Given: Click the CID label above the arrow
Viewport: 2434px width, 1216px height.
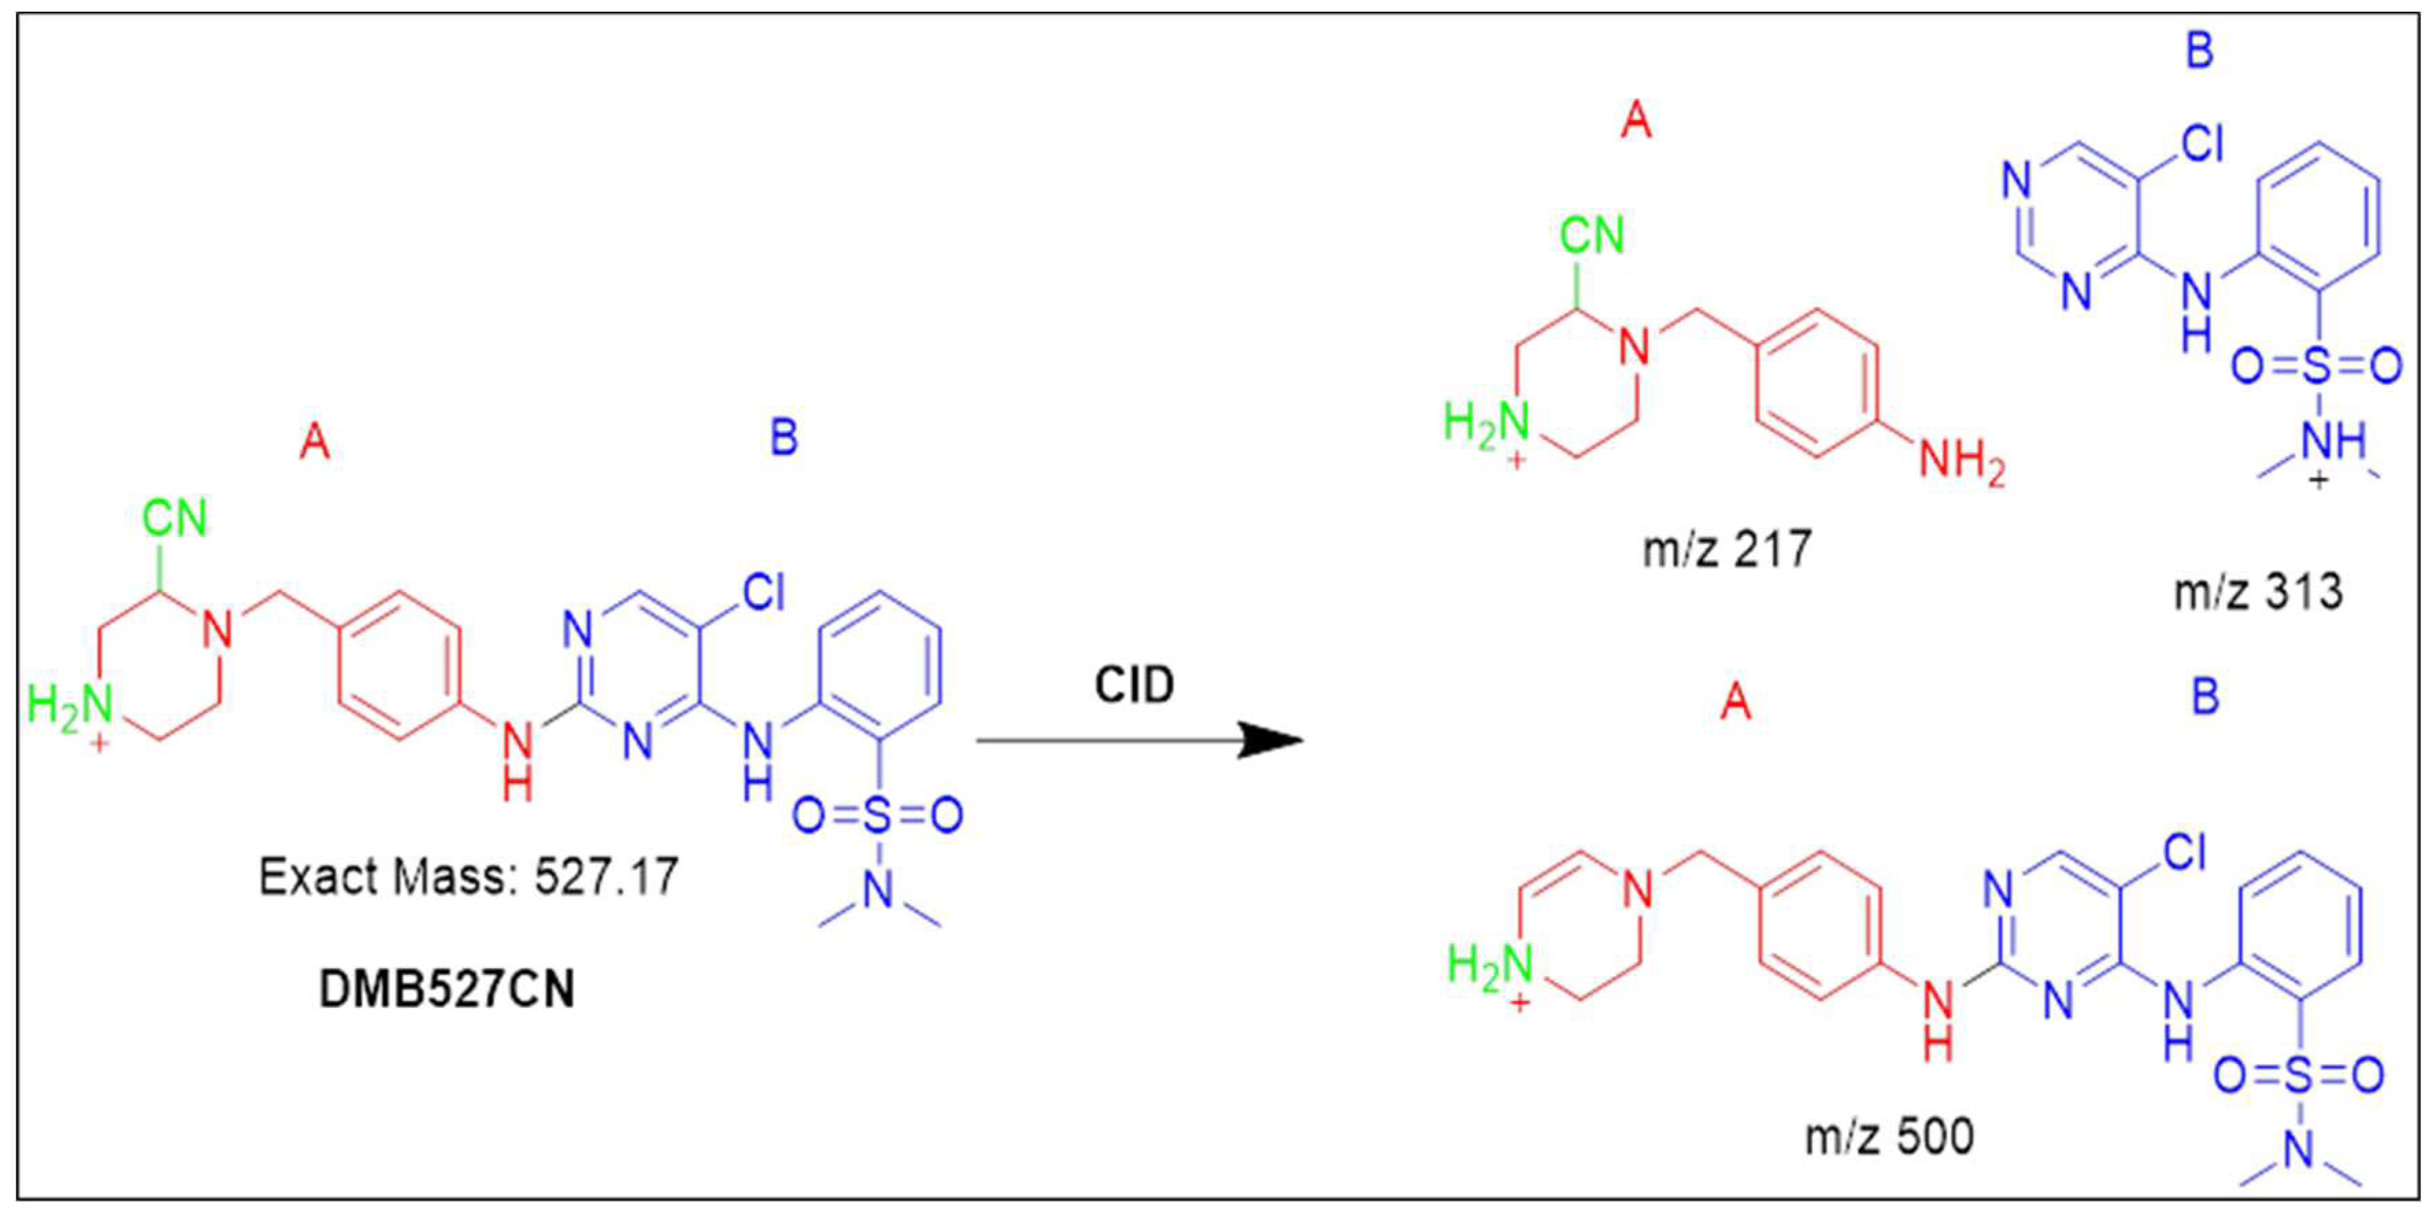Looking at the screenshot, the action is coord(1134,685).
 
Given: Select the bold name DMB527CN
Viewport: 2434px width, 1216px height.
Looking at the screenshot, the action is coord(446,990).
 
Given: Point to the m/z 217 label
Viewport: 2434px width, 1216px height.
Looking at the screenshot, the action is coord(1727,549).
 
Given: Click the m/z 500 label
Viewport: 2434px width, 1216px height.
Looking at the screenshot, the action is coord(1890,1136).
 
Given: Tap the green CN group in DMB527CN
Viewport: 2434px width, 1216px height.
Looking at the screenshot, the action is coord(175,519).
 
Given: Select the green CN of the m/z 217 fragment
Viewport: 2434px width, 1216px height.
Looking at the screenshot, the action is coord(1592,235).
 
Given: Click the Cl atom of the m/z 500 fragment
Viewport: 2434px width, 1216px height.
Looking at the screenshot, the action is coord(2185,853).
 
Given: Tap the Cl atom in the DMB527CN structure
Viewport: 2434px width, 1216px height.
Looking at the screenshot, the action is coord(763,593).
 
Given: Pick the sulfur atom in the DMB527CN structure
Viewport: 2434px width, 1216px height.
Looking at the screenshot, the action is coord(878,815).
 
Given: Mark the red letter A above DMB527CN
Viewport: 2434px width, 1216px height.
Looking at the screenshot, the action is coord(314,441).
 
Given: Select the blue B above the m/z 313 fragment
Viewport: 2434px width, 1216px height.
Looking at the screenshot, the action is coord(2200,49).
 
